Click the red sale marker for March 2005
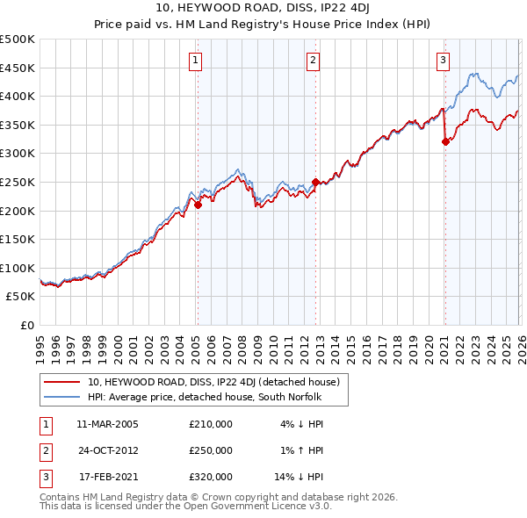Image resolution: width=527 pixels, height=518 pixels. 198,205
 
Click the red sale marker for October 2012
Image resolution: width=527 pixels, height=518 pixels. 315,183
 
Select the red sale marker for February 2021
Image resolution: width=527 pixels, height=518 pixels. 445,142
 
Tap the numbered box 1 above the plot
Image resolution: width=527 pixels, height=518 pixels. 194,61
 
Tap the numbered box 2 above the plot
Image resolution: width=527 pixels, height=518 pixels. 313,61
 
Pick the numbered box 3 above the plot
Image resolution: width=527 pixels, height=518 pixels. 444,61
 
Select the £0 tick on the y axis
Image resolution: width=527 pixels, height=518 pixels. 26,325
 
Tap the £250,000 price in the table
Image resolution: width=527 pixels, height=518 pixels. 211,450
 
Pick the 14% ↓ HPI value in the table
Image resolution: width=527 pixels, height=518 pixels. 300,477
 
